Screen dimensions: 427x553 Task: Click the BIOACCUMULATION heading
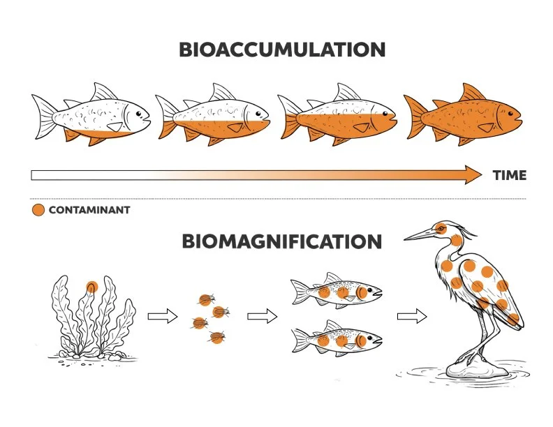[x=281, y=50]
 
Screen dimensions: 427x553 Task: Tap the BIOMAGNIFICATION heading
[x=281, y=241]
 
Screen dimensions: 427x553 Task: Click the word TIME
[x=508, y=175]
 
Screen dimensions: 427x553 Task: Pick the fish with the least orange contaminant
[x=91, y=115]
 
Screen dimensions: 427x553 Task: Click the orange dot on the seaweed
[x=91, y=286]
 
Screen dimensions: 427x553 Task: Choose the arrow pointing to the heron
[x=411, y=316]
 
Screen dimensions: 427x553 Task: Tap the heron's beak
[x=419, y=235]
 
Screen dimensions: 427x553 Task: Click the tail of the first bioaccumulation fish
[x=43, y=116]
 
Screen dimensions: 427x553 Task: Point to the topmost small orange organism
[x=205, y=300]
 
